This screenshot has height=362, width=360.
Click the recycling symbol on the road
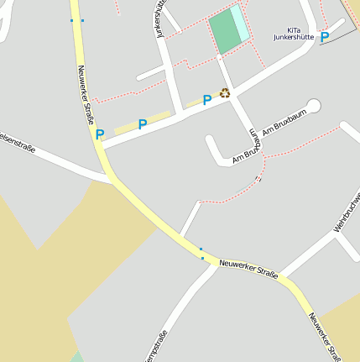pos(225,93)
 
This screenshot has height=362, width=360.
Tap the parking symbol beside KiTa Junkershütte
pos(325,37)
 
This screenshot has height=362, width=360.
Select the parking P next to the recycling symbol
pos(207,100)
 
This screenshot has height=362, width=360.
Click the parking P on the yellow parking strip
pos(143,124)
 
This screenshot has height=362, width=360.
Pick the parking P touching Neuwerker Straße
pos(100,134)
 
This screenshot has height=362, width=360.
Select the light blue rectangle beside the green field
pos(241,23)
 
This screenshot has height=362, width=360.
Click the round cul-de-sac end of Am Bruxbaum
pos(314,106)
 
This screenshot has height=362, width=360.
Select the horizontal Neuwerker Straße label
pos(248,266)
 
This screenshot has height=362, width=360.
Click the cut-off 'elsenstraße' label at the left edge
pos(18,144)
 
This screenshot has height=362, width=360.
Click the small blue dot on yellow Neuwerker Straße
pos(202,258)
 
